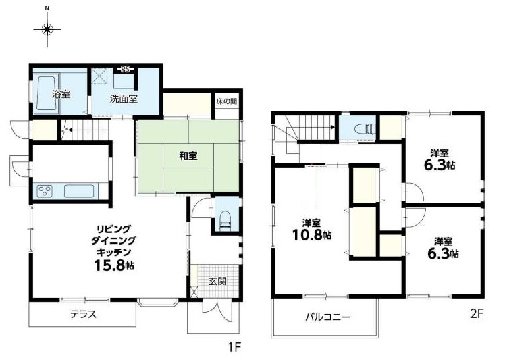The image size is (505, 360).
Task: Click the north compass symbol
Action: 47,28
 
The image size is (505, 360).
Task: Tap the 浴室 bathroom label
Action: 61,94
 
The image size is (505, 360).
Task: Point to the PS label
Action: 126,68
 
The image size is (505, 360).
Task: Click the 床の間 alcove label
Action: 226,101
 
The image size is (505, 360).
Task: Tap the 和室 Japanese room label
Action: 188,156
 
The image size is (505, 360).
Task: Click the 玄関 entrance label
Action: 217,280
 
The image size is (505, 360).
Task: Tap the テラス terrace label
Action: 83,314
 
